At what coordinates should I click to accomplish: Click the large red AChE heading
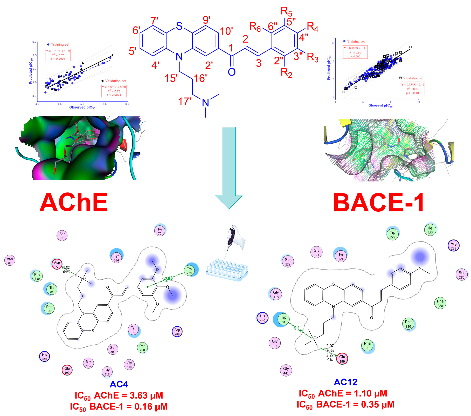click(x=74, y=203)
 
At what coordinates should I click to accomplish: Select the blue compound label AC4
click(x=119, y=384)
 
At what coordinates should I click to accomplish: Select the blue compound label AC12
click(x=345, y=382)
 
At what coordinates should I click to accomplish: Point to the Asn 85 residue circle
click(x=10, y=260)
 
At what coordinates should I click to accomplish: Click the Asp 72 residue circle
click(x=57, y=264)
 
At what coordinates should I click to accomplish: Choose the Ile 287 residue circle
click(x=430, y=230)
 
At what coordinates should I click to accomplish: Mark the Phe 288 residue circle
click(x=440, y=303)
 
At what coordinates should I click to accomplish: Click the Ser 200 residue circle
click(x=113, y=349)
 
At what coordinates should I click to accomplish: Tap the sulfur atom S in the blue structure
click(x=179, y=26)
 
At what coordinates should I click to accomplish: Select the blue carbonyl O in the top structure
click(x=232, y=72)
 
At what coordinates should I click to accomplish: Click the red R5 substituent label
click(x=286, y=11)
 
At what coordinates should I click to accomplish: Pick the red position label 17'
click(x=184, y=101)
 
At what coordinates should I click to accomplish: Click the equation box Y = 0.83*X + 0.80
click(x=114, y=91)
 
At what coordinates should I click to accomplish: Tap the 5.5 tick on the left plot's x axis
click(x=105, y=104)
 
